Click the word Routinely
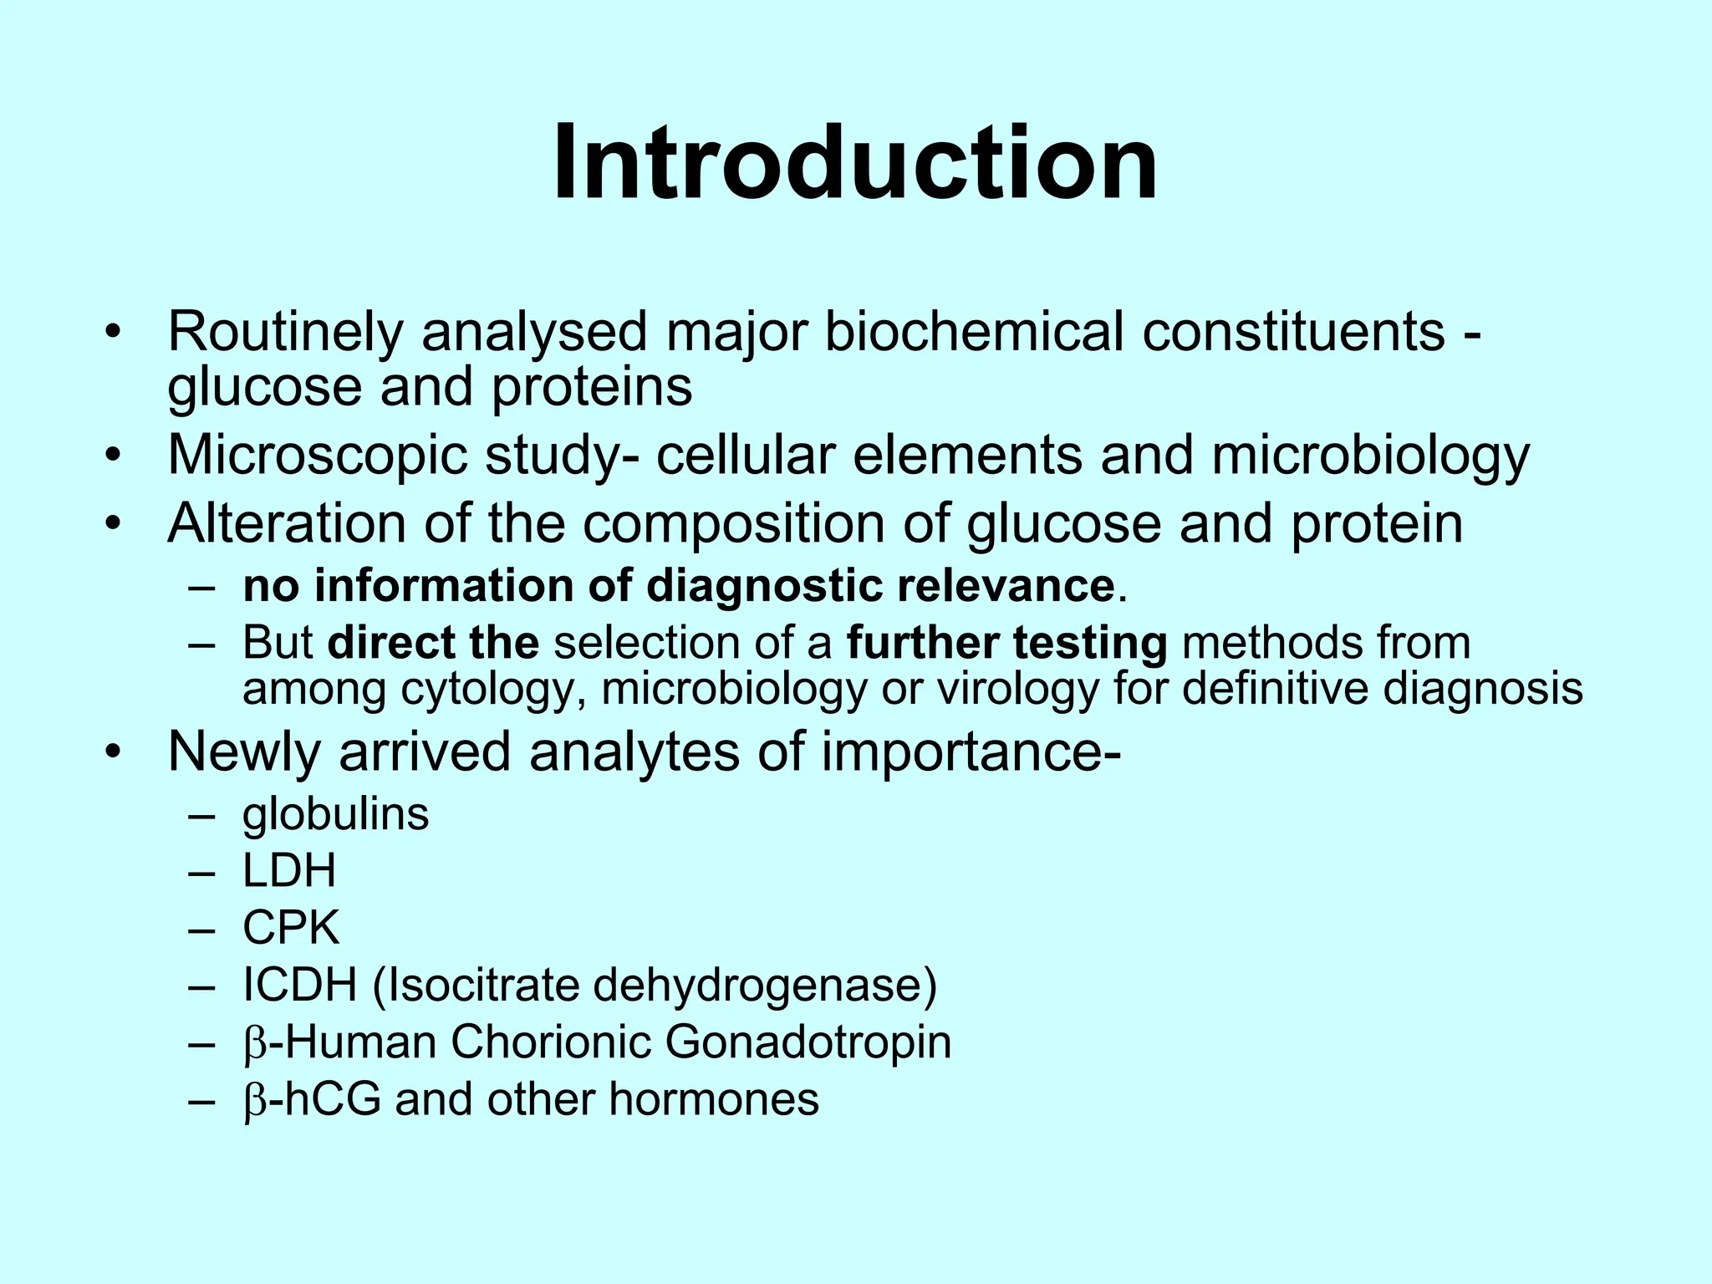pos(285,332)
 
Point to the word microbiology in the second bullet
pos(1370,456)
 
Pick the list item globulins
pos(335,814)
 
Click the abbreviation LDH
pos(289,871)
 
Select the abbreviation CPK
pos(291,928)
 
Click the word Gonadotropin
pos(808,1042)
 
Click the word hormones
pos(713,1099)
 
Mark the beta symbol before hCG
pos(254,1101)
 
